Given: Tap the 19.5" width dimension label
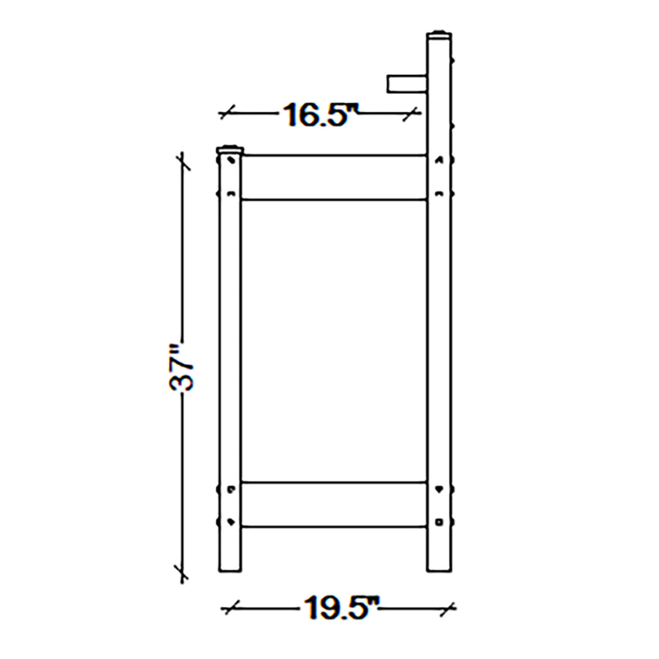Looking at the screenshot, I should (x=339, y=608).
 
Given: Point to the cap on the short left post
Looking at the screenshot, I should (x=230, y=149).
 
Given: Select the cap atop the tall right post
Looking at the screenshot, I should (x=439, y=34).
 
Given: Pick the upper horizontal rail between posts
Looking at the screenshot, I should (x=334, y=177).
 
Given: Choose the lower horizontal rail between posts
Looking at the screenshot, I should (x=334, y=505).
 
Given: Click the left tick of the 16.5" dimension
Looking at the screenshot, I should (x=228, y=112).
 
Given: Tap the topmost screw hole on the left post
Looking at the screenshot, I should (x=230, y=160).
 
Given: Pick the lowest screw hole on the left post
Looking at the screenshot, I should (x=230, y=522).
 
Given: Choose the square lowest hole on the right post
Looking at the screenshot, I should (x=439, y=522).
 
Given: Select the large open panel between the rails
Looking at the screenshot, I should (x=334, y=340).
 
